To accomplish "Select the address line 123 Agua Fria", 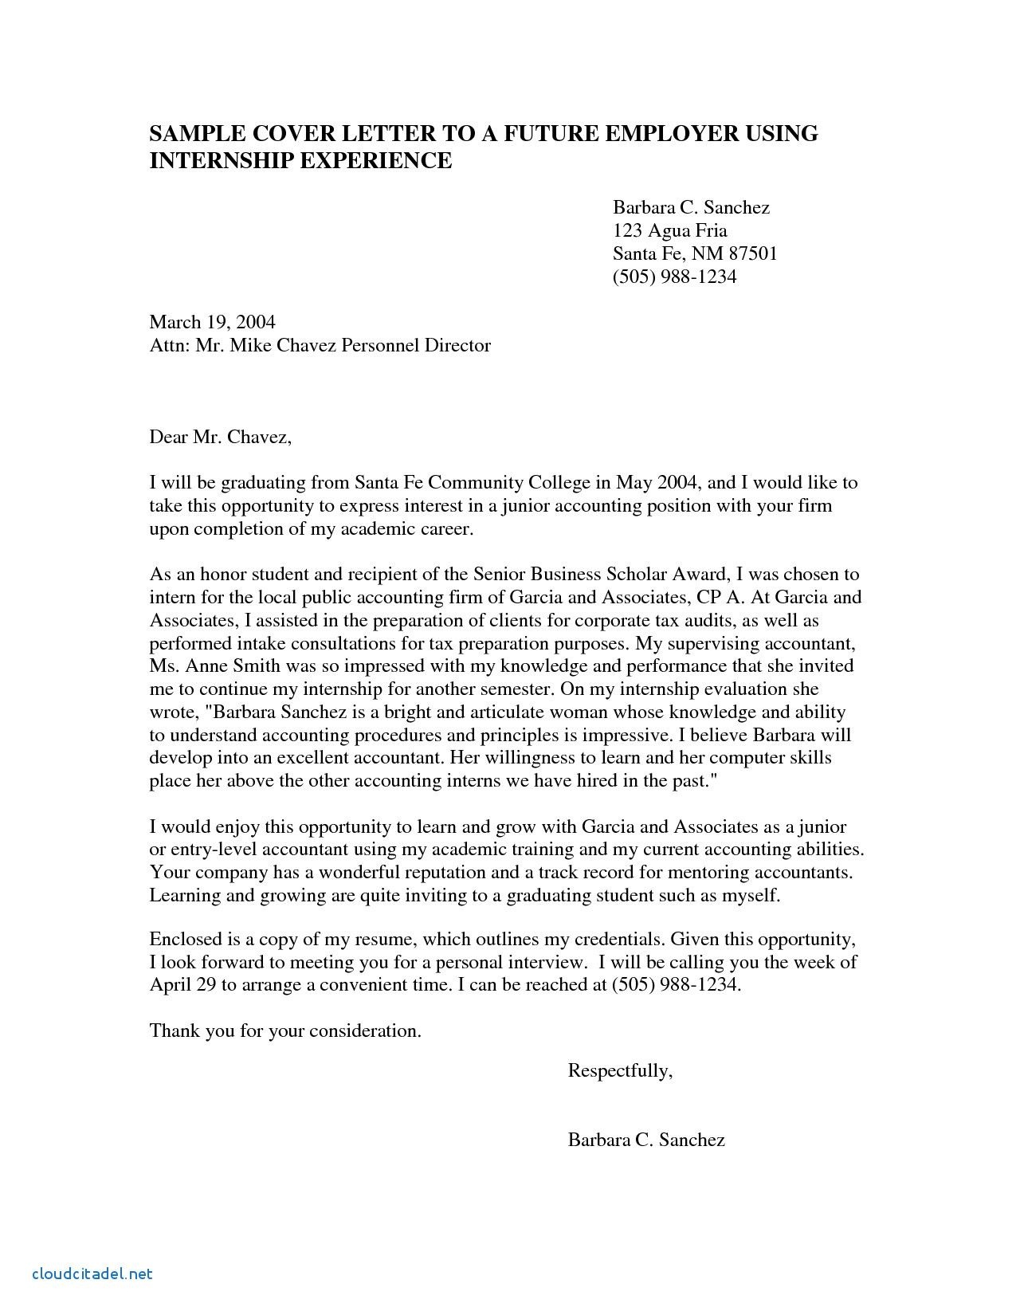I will point(669,230).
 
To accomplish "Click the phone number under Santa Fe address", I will point(674,277).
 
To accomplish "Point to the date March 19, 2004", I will point(212,322).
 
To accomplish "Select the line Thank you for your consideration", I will point(284,1030).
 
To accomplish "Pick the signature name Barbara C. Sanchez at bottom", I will point(646,1140).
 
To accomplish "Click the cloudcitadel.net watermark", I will point(92,1274).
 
